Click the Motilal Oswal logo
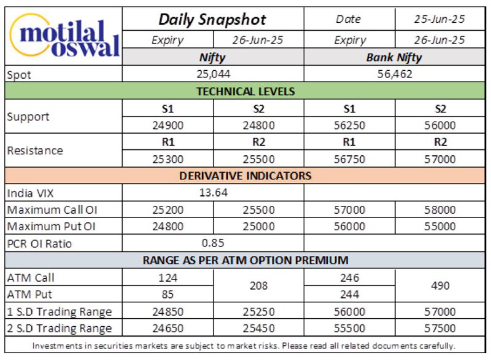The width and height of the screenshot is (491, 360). click(65, 35)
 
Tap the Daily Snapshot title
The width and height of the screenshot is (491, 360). click(212, 20)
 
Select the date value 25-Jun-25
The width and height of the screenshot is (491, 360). click(439, 19)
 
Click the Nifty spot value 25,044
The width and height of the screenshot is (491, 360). click(213, 74)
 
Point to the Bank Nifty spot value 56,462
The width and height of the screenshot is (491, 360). click(395, 74)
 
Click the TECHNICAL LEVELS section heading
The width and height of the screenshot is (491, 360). click(245, 91)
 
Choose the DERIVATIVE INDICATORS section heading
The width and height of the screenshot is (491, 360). click(245, 176)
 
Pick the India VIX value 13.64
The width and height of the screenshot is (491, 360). click(213, 192)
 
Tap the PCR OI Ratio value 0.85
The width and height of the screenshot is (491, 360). click(213, 243)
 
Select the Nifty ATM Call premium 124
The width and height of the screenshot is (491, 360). click(168, 278)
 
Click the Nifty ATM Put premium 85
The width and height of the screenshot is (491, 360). click(168, 294)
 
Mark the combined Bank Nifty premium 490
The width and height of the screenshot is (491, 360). click(440, 286)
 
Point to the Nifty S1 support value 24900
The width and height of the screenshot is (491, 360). click(168, 125)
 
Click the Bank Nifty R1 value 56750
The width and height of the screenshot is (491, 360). click(349, 159)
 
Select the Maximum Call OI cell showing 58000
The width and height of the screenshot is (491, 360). click(440, 209)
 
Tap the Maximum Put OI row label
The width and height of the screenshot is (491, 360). click(51, 227)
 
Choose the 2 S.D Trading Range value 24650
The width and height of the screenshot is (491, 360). click(168, 328)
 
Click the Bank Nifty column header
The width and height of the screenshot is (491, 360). click(394, 57)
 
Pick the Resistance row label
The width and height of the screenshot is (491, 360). click(35, 151)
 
